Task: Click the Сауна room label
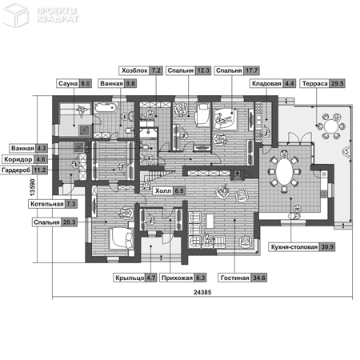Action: click(68, 83)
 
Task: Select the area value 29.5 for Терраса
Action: click(337, 83)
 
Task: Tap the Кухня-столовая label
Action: click(294, 247)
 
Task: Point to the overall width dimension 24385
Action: click(202, 292)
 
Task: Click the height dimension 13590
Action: click(32, 187)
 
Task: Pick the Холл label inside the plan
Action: click(163, 191)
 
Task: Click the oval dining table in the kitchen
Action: click(284, 171)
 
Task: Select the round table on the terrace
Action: click(331, 126)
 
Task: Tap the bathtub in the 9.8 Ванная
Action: click(106, 107)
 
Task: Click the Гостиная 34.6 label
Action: click(243, 278)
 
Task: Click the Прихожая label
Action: click(177, 278)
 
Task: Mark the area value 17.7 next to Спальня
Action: click(251, 70)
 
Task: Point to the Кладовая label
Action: click(266, 83)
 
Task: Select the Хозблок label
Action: click(134, 70)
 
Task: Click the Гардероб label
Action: click(16, 170)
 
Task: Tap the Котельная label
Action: click(47, 204)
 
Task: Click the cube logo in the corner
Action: click(15, 15)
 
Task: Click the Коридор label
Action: click(18, 159)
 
